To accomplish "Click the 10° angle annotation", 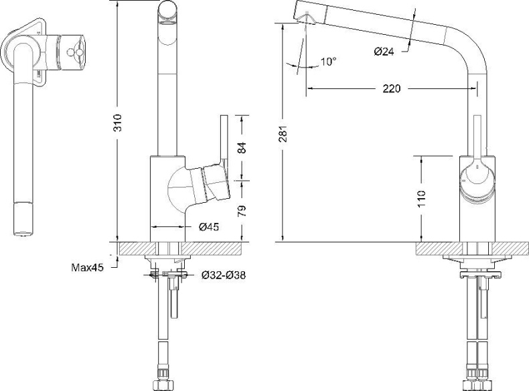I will [328, 62].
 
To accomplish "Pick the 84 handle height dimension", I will [242, 148].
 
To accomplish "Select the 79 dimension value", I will [242, 210].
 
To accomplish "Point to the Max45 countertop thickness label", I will [87, 268].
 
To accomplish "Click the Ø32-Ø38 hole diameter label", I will [223, 275].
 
